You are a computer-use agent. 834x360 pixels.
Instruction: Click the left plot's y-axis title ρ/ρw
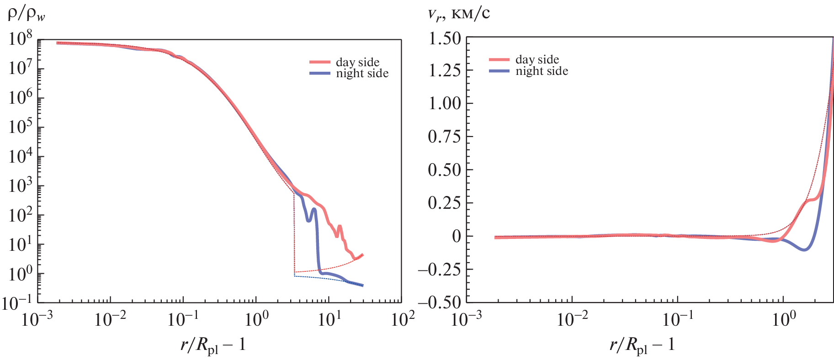(x=26, y=15)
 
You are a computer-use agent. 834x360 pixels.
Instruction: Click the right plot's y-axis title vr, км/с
(x=458, y=14)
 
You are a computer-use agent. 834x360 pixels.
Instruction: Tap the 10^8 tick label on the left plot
(x=21, y=38)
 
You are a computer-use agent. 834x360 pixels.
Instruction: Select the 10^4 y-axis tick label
(x=21, y=156)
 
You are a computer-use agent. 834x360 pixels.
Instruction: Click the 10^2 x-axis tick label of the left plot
(x=403, y=319)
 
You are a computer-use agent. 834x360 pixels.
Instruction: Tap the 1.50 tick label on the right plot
(x=444, y=38)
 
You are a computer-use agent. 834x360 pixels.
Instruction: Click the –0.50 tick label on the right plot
(x=439, y=302)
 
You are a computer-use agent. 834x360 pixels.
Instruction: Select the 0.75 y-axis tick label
(x=444, y=136)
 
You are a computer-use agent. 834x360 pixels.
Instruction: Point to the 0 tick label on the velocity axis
(x=456, y=236)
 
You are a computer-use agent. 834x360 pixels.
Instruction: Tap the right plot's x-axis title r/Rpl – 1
(x=642, y=345)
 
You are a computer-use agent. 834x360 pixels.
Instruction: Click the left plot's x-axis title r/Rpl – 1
(x=213, y=345)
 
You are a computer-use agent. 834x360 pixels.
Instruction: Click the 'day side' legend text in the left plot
(x=357, y=62)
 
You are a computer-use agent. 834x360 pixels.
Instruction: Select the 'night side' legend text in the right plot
(x=542, y=71)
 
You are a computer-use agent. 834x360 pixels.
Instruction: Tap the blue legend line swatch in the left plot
(x=319, y=73)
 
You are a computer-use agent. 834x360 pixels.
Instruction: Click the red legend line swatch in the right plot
(x=499, y=59)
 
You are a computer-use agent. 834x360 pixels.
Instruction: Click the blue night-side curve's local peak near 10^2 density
(x=314, y=209)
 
